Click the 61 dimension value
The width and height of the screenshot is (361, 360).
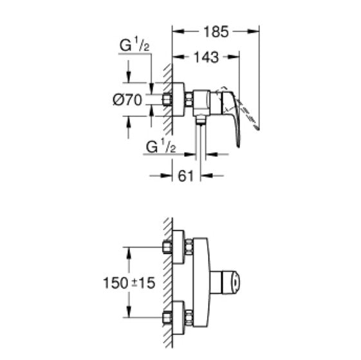click(x=186, y=175)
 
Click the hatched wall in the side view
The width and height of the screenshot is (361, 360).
click(x=167, y=96)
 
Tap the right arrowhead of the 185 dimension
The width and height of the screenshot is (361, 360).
click(x=255, y=30)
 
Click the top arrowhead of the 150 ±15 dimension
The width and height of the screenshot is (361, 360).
click(x=131, y=250)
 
